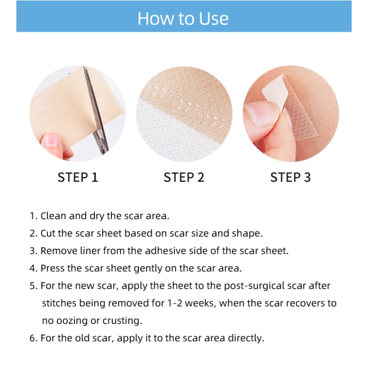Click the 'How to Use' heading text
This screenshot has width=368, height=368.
point(183,18)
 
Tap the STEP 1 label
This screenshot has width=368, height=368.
point(78,177)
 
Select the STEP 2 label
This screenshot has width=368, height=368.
point(184,177)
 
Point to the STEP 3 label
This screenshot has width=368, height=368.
point(290,177)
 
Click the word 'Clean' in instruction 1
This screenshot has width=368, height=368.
point(52,216)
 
